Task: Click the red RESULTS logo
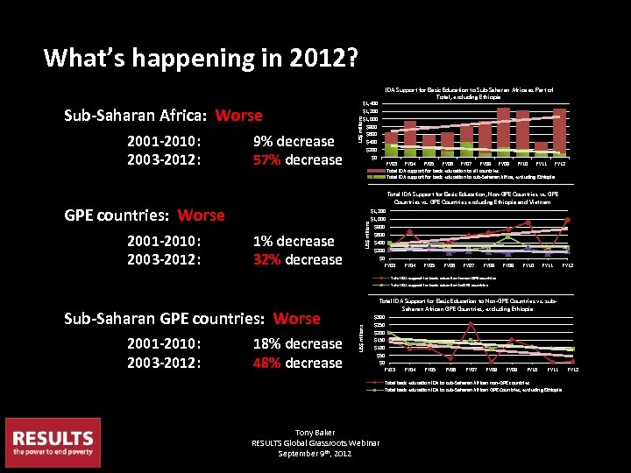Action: click(x=52, y=442)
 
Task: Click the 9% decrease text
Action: click(x=294, y=141)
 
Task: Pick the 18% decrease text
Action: click(x=297, y=343)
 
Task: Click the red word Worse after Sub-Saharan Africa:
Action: click(x=238, y=116)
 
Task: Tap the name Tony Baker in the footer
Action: click(x=315, y=432)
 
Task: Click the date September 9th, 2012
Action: click(x=315, y=453)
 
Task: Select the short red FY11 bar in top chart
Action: click(x=541, y=147)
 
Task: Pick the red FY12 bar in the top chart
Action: click(x=559, y=131)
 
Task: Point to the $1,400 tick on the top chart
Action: click(x=371, y=103)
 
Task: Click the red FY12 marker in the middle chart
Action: click(x=567, y=220)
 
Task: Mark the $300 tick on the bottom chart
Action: click(x=378, y=317)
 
